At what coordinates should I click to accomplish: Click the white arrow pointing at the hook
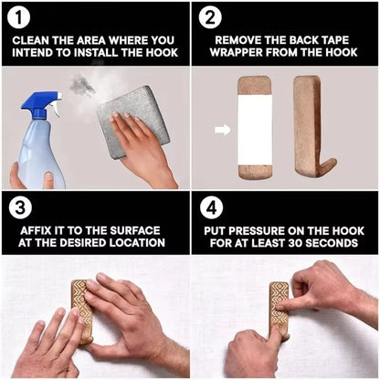221,130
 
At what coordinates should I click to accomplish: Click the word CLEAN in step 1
34,41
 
